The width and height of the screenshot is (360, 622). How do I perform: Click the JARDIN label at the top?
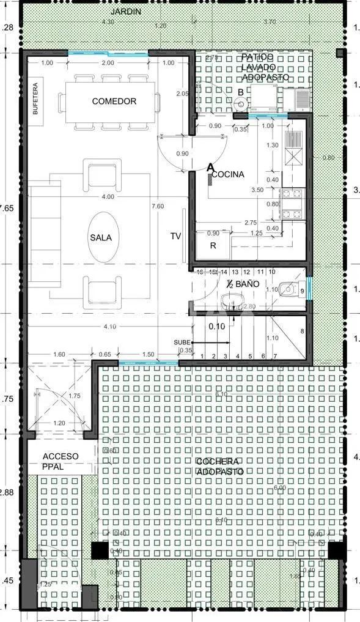(127, 12)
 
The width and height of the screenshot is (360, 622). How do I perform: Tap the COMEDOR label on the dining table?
(114, 101)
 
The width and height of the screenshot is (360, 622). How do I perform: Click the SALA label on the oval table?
(101, 238)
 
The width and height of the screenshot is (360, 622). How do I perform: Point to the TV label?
(176, 235)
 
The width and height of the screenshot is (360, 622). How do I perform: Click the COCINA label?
(229, 174)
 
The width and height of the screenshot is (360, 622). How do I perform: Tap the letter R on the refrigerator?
(213, 246)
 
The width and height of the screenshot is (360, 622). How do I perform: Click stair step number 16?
(199, 271)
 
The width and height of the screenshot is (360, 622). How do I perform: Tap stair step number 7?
(275, 356)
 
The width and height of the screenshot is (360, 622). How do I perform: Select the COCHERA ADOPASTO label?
(219, 466)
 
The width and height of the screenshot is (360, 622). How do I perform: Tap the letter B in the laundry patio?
(241, 92)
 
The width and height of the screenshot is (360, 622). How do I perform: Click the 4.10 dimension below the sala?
(110, 327)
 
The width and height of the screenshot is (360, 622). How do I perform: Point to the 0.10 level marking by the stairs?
(217, 326)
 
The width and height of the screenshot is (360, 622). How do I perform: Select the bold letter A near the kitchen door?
(211, 166)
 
